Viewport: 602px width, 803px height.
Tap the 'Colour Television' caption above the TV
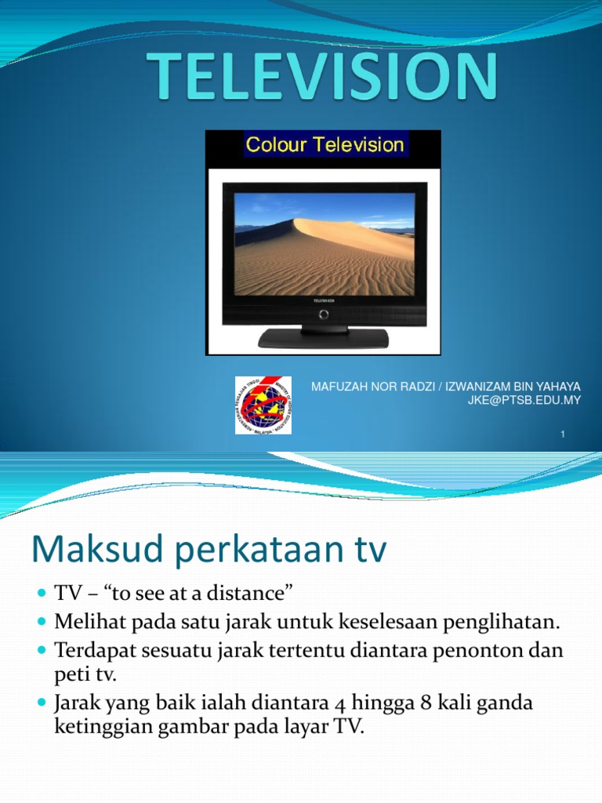point(325,144)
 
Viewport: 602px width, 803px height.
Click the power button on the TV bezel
point(323,314)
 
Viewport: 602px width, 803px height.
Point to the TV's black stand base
point(323,338)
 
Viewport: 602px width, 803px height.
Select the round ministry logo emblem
point(263,405)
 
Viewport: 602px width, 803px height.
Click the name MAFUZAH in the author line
point(337,387)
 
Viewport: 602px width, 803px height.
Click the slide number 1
point(563,434)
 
